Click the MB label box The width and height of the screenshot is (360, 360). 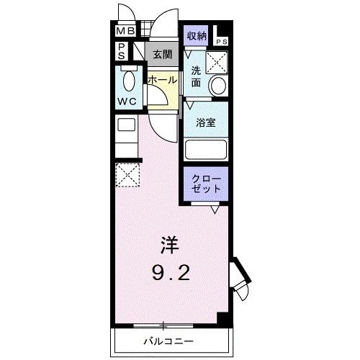126,32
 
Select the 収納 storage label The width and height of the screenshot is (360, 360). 197,35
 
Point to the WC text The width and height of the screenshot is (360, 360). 127,102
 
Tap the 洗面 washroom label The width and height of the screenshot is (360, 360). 196,77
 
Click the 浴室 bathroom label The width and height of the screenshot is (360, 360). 207,122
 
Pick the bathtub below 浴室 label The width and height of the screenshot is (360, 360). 207,150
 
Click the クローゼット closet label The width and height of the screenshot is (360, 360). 207,183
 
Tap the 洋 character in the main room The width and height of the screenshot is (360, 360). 167,246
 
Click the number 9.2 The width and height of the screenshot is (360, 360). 171,274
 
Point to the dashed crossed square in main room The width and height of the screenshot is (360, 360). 127,174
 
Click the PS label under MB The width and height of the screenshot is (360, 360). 122,51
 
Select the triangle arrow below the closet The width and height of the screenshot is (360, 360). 215,210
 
